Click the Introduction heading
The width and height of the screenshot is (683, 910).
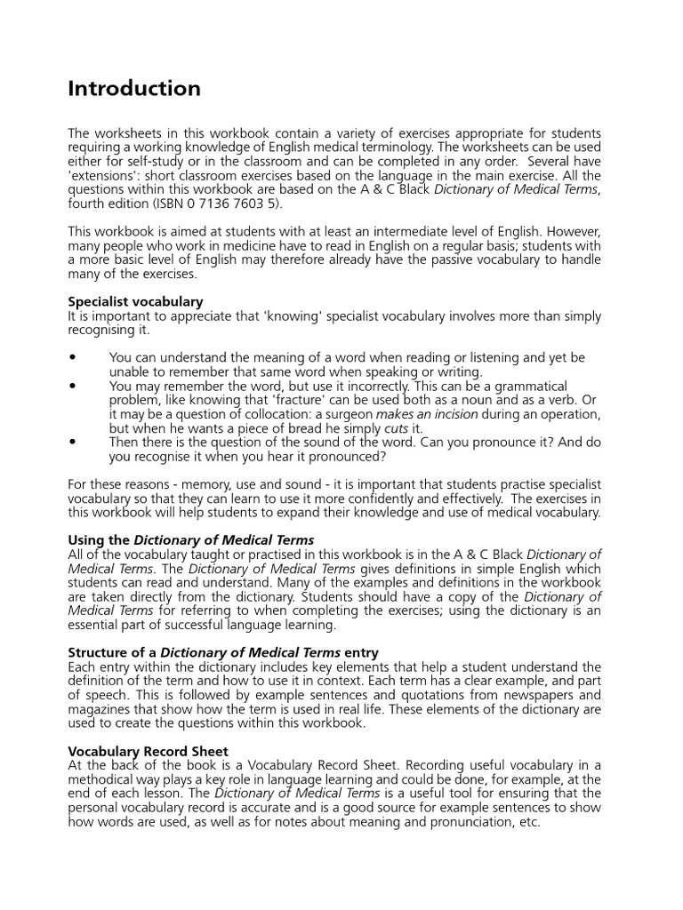pos(134,89)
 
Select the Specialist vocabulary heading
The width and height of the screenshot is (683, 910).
pos(135,301)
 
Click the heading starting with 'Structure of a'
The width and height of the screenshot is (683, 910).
pos(223,652)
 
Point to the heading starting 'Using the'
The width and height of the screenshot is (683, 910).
pos(190,539)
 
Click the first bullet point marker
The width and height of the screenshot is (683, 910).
pos(72,358)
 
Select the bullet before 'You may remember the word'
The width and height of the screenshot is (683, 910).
pos(72,387)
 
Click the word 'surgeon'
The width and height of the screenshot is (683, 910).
pos(348,414)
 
